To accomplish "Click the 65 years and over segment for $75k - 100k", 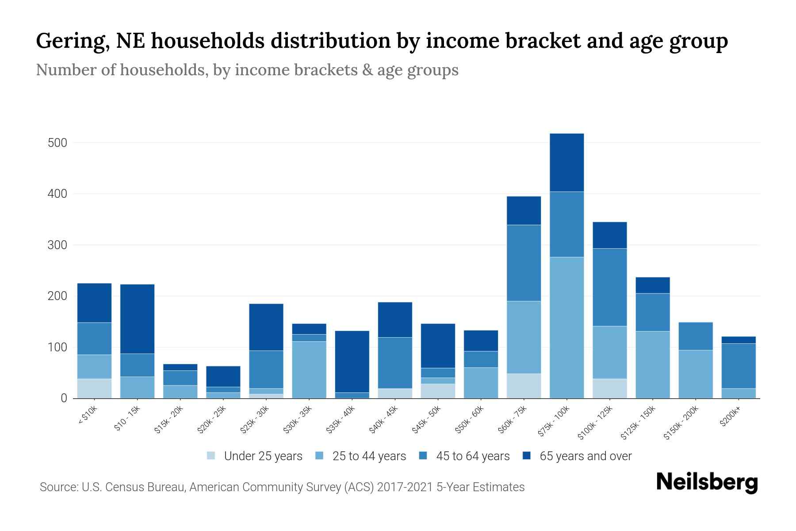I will (x=566, y=162).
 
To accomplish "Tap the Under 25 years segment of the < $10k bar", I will (x=94, y=389).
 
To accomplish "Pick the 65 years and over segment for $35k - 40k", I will (x=352, y=362).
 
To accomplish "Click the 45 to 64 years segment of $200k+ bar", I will (x=739, y=366).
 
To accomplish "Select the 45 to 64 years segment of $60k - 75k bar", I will (x=524, y=263).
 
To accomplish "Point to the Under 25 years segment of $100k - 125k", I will (x=609, y=389).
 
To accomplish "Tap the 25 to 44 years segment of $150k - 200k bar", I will (x=696, y=374).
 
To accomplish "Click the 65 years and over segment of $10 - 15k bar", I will (x=137, y=319).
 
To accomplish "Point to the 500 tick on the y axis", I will (x=57, y=143).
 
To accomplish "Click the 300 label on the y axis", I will (x=57, y=245).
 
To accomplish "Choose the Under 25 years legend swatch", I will (x=211, y=456).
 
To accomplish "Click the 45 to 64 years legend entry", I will (x=472, y=456).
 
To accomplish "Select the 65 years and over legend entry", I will (x=585, y=456).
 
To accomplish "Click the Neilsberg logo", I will (x=707, y=482).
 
